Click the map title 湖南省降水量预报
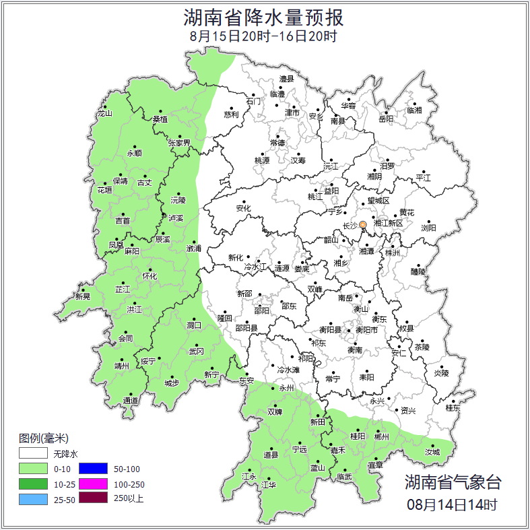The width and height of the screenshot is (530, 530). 263,17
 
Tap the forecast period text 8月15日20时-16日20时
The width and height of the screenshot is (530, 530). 263,36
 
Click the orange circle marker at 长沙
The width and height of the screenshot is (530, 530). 363,224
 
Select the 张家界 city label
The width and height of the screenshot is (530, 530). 179,143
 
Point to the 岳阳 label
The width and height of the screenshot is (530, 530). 385,119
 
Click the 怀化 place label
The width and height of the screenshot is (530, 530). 150,276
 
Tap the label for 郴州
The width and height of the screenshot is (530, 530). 381,436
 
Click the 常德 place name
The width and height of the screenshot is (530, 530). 277,143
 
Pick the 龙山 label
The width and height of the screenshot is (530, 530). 104,113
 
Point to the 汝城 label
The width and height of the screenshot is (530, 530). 432,452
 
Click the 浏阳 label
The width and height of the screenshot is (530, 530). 428,228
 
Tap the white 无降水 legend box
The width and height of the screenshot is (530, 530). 33,454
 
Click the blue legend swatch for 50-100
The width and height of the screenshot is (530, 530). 94,469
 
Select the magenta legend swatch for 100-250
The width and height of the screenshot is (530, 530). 94,484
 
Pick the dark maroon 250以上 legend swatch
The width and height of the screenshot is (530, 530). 94,498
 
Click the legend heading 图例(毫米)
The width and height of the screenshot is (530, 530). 44,438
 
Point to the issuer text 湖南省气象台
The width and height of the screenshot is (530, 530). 453,482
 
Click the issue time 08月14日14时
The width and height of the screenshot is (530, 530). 453,504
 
